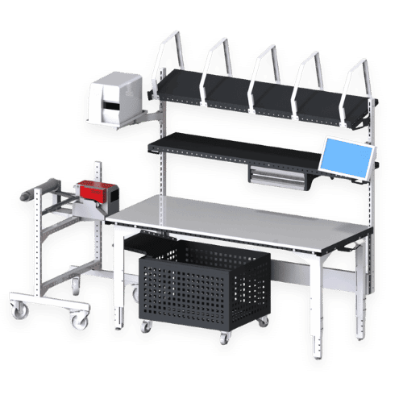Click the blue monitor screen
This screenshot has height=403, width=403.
tap(346, 157)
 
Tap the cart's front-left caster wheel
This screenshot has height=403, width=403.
tap(17, 309)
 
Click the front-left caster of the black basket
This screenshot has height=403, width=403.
tap(147, 326)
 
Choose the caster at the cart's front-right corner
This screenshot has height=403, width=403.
tap(79, 320)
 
